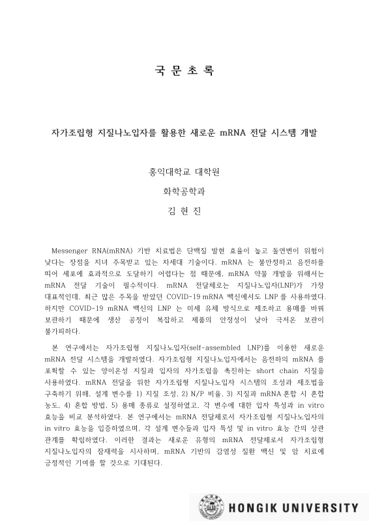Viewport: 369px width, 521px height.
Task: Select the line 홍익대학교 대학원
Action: [x=184, y=173]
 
